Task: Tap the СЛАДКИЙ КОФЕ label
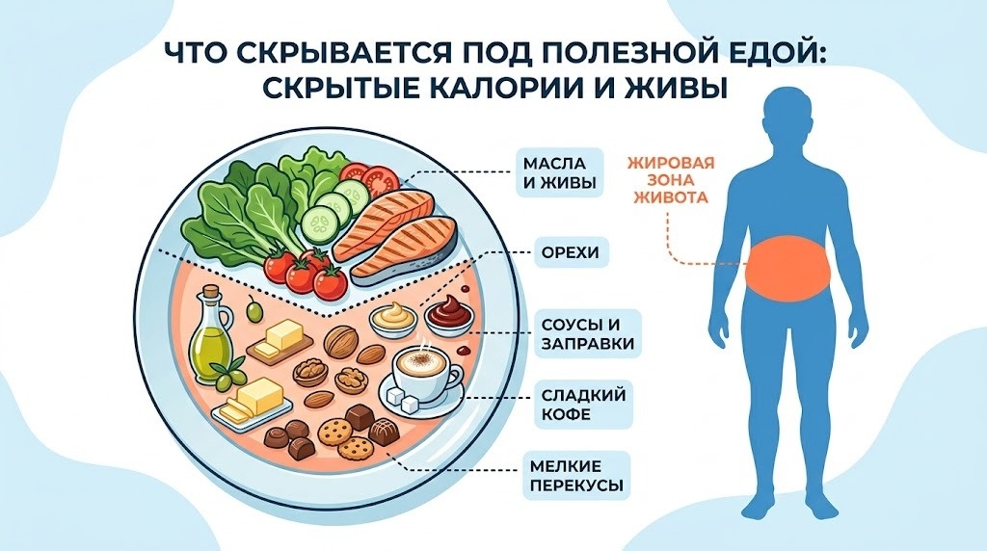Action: pos(583,404)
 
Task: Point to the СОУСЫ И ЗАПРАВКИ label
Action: pos(587,334)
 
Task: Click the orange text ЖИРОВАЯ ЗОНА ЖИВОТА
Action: pos(671,180)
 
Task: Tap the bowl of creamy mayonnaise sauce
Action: pos(394,318)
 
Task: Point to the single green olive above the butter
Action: pos(253,309)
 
